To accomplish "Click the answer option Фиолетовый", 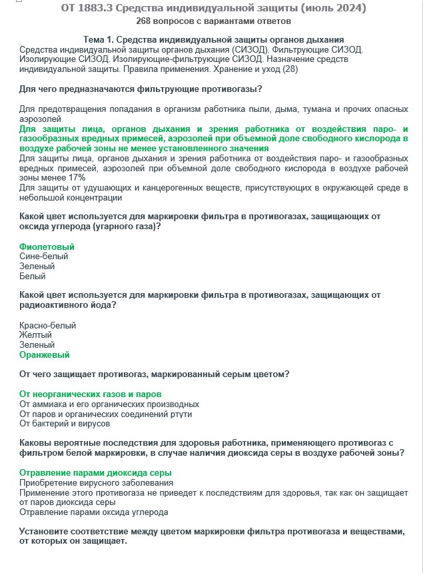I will (x=47, y=247).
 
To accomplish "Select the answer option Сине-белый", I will (x=44, y=257).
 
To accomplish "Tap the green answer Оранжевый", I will (x=44, y=355).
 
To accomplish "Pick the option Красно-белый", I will (x=48, y=326).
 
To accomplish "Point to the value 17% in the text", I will (x=76, y=179).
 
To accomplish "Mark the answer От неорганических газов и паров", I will (x=90, y=394).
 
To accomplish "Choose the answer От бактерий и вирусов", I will (x=65, y=424).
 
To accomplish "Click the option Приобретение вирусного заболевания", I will (x=97, y=482).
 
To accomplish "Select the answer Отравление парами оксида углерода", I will (x=94, y=512).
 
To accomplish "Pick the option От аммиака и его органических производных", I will (x=109, y=404).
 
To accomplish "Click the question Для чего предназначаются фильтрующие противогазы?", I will (x=140, y=89).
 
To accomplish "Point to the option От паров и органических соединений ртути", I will (x=106, y=414).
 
